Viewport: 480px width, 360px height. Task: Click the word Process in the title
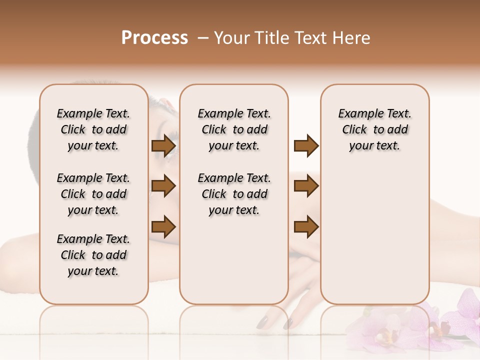point(154,38)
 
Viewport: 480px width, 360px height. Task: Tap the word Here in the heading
point(352,38)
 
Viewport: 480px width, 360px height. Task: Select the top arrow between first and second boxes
point(163,146)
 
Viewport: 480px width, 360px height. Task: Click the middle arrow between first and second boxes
point(163,186)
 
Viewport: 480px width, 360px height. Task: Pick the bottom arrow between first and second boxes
point(163,226)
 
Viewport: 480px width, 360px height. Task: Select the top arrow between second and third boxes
point(306,146)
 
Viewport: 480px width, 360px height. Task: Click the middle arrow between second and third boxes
point(306,186)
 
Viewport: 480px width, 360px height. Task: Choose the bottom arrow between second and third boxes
point(306,226)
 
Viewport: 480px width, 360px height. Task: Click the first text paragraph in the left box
point(93,129)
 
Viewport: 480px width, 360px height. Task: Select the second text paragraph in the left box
point(93,194)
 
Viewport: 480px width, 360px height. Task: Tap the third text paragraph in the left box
point(93,255)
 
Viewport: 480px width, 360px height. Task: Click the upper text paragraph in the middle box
point(234,129)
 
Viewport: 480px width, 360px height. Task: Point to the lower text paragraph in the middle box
point(234,194)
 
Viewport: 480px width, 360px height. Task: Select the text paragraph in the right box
point(375,129)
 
